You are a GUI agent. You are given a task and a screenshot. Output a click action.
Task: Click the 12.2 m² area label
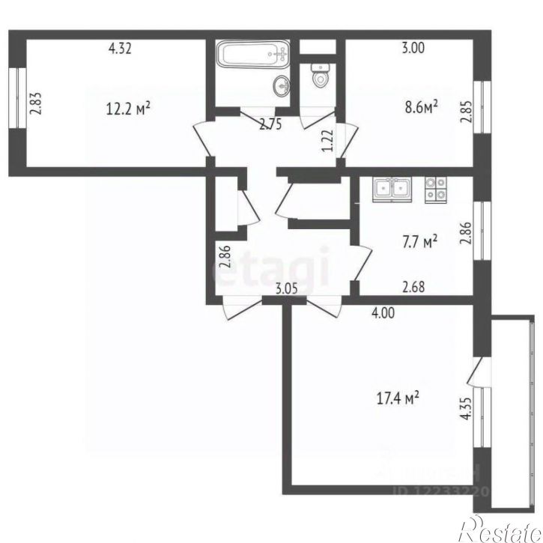pos(129,108)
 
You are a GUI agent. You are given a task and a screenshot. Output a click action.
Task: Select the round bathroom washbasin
pos(282,84)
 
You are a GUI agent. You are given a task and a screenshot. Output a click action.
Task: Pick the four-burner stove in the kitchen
pos(434,189)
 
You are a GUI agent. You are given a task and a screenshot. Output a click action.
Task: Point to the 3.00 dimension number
pos(413,49)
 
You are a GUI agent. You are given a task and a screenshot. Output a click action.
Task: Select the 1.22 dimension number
pos(327,141)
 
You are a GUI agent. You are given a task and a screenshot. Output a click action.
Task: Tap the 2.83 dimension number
pos(34,103)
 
